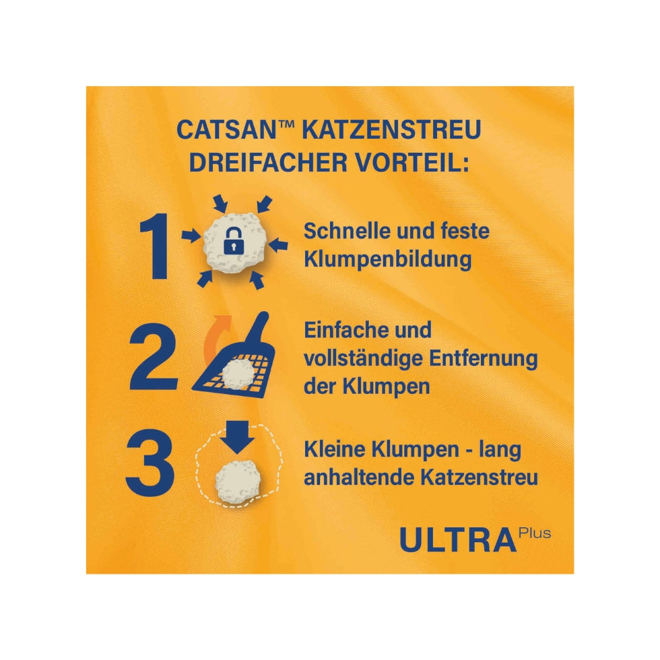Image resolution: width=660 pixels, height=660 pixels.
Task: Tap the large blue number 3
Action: [152, 465]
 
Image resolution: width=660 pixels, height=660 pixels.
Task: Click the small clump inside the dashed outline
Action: [237, 480]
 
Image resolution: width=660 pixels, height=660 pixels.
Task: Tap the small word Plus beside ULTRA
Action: [535, 533]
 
